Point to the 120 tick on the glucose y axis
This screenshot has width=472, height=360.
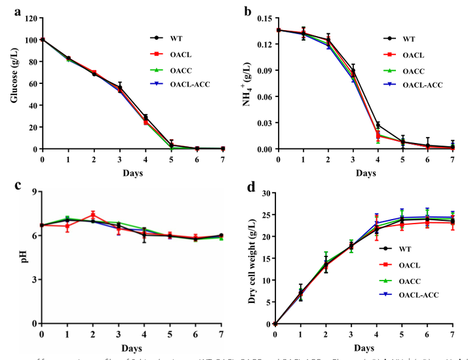(x=30, y=18)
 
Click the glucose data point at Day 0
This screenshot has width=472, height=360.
(x=43, y=39)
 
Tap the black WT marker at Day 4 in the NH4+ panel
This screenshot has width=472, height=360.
(x=378, y=125)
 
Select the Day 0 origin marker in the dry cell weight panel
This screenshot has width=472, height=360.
(x=275, y=324)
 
